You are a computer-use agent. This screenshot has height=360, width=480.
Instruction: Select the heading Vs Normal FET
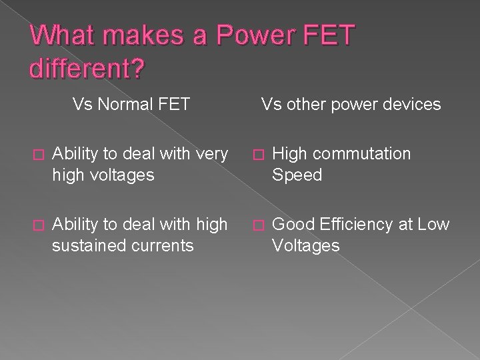coord(131,104)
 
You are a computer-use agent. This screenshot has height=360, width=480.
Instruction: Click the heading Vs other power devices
coord(351,104)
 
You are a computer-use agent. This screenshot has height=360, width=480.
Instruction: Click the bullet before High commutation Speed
coord(254,155)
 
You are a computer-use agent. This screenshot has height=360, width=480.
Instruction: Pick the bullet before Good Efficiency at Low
coord(254,225)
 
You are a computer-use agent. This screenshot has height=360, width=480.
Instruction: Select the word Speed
coord(297,175)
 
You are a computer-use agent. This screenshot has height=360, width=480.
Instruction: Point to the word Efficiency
coord(361,225)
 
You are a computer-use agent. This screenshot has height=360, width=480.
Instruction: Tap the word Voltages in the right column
coord(305,246)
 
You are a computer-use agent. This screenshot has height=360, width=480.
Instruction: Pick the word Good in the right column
coord(291,225)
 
